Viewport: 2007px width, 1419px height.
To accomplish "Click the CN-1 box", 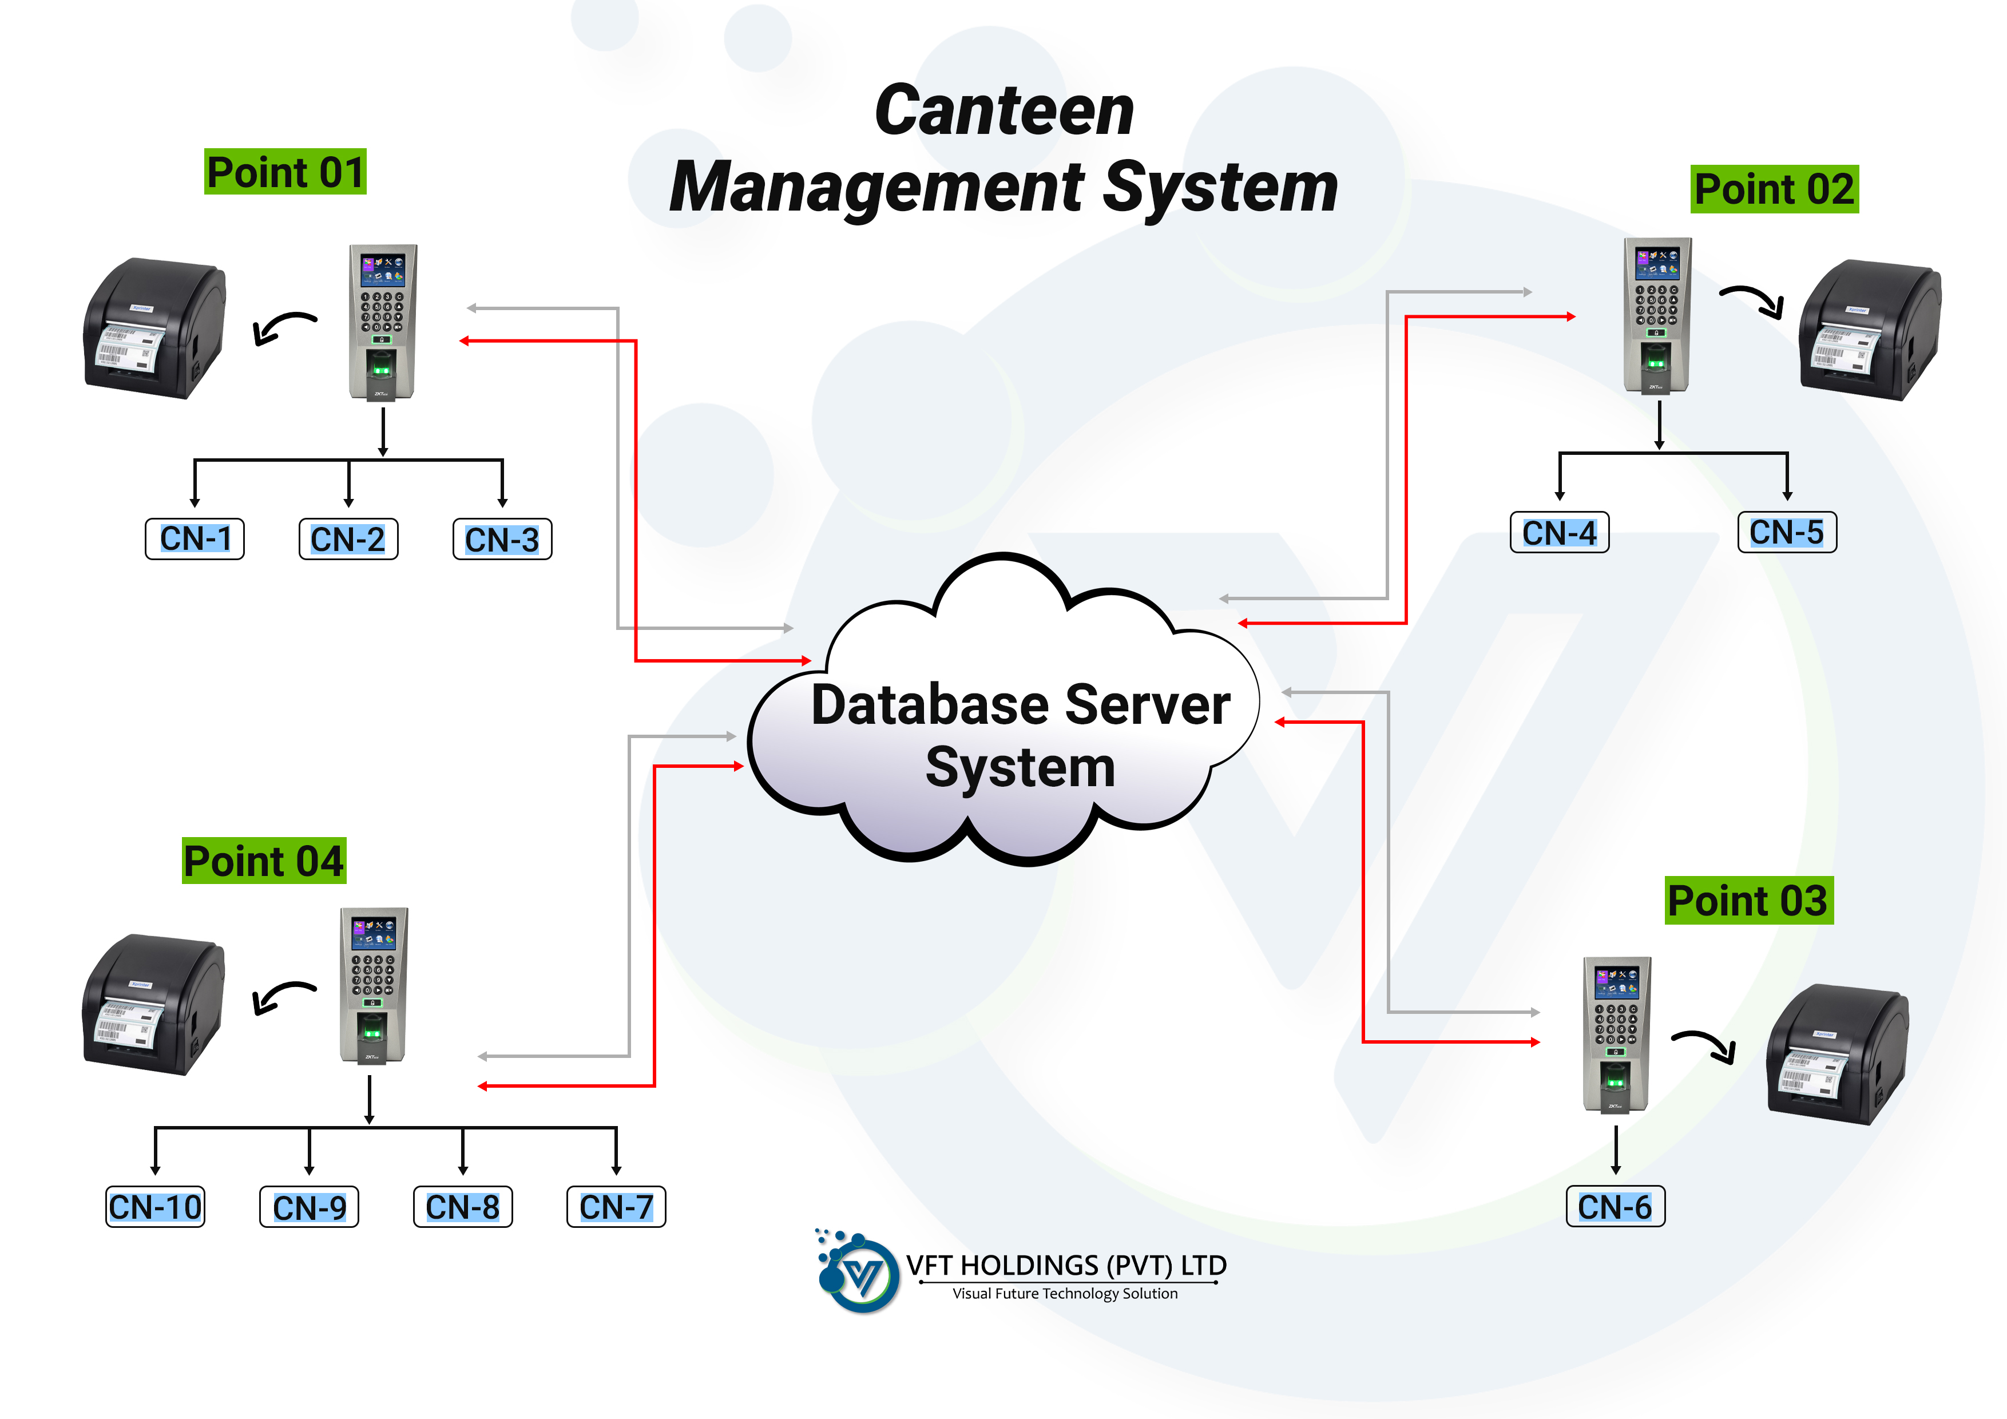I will (194, 538).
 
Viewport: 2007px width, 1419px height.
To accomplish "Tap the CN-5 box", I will (1787, 533).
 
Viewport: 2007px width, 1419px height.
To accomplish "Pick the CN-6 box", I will (1615, 1207).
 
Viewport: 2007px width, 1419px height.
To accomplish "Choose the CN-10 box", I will (154, 1207).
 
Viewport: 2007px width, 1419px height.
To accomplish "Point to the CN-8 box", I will (462, 1207).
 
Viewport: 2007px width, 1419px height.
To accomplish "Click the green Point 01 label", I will (285, 171).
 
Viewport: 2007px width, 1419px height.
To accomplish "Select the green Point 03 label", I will (1748, 901).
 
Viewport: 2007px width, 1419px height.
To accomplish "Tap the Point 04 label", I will (264, 861).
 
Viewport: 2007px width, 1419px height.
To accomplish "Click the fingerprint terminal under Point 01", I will (383, 322).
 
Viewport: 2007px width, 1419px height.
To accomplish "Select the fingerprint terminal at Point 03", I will (1616, 1034).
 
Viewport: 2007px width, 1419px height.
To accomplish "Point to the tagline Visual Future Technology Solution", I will (1065, 1294).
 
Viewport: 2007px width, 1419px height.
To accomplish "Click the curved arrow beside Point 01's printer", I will (284, 328).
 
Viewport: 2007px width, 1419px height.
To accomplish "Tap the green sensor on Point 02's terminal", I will (1656, 356).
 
